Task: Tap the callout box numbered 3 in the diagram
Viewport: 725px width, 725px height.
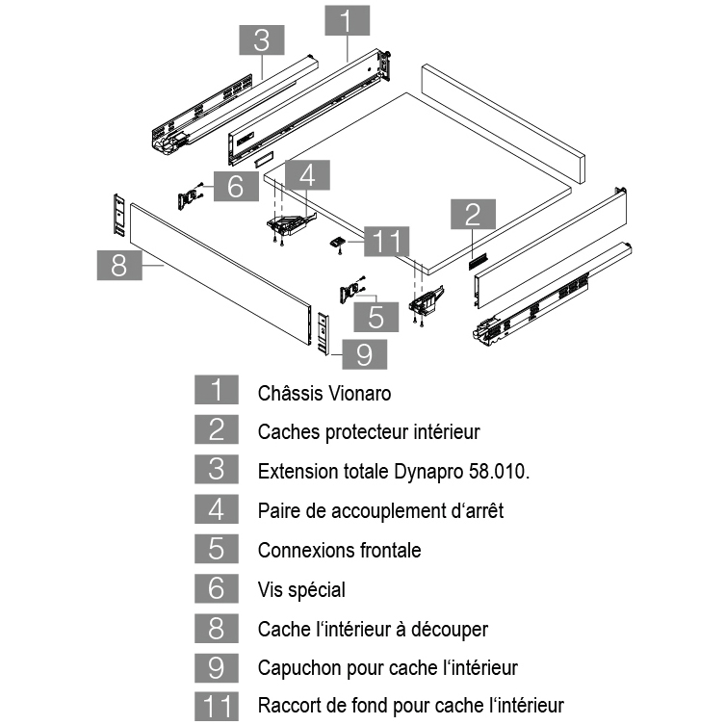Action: point(260,40)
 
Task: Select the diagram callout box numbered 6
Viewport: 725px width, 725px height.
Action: point(236,186)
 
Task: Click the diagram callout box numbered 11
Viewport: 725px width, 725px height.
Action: point(387,241)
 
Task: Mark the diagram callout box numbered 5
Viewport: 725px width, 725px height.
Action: point(376,316)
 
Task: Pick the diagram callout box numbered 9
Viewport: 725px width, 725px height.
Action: point(364,353)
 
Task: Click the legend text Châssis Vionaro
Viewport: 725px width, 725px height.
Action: point(324,393)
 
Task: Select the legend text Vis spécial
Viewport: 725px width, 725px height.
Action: point(301,589)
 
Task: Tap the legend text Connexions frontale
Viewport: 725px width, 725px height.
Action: point(339,550)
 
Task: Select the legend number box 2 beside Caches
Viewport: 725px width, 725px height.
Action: point(217,431)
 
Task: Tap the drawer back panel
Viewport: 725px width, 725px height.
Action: point(504,122)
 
